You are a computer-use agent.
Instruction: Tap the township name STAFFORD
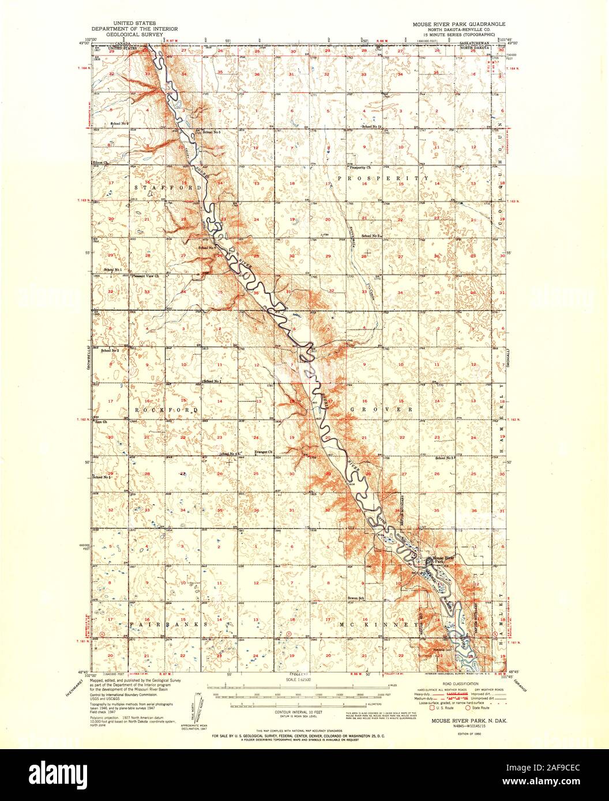tap(168, 188)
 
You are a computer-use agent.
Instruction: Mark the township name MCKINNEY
tap(380, 625)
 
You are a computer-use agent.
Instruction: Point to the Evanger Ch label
tap(264, 452)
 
